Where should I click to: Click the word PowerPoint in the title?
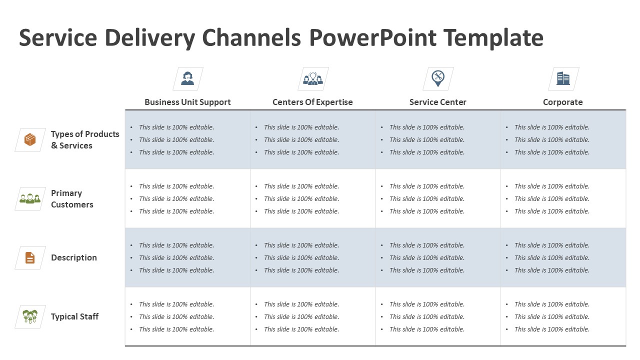tap(372, 38)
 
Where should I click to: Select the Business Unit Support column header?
tap(187, 102)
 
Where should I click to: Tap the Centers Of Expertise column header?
tap(312, 102)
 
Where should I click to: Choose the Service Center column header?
tap(437, 102)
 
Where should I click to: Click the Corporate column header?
tap(562, 102)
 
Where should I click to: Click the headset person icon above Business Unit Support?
tap(187, 78)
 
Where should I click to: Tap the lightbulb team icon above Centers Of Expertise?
tap(313, 78)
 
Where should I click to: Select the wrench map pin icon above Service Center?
tap(438, 78)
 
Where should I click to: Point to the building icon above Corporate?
tap(563, 78)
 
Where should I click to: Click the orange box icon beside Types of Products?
tap(30, 139)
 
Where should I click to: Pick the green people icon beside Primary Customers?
tap(30, 198)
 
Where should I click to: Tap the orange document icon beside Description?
tap(30, 257)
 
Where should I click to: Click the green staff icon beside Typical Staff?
tap(30, 316)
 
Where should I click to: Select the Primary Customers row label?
tap(72, 198)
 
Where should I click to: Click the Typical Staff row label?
tap(74, 316)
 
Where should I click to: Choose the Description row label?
tap(74, 257)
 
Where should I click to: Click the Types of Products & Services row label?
tap(85, 139)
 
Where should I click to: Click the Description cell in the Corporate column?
tap(563, 257)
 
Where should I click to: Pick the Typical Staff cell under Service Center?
tap(438, 316)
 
